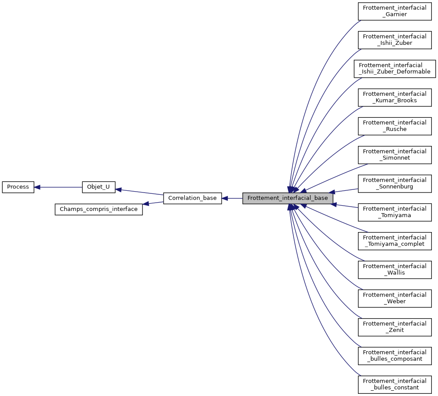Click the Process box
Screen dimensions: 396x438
tap(18, 187)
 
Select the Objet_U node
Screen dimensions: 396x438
tap(99, 187)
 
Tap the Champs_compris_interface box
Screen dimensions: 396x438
tap(99, 209)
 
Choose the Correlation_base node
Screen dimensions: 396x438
tap(192, 198)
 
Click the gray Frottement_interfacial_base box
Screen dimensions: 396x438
tap(288, 198)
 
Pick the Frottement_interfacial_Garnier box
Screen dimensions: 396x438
tap(394, 11)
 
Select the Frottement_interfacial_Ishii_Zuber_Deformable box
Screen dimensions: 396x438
tap(394, 68)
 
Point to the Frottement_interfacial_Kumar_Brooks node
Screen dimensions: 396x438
tap(394, 97)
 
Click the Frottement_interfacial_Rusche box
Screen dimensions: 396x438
tap(394, 126)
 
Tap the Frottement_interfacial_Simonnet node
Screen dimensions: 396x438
tap(394, 154)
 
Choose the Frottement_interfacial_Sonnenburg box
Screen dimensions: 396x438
tap(394, 183)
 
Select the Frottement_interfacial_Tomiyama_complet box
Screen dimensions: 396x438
tap(394, 240)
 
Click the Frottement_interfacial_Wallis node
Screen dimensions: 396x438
tap(394, 269)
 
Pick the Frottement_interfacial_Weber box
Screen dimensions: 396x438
tap(394, 298)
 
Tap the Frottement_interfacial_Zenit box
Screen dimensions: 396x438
tap(394, 327)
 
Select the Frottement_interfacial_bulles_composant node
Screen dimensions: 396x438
tap(394, 356)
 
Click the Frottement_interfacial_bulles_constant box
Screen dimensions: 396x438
tap(394, 384)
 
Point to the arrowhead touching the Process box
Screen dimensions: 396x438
tap(37, 187)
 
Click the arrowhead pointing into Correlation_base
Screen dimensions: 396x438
tap(225, 198)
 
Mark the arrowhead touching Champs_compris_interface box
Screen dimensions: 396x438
tap(146, 203)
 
